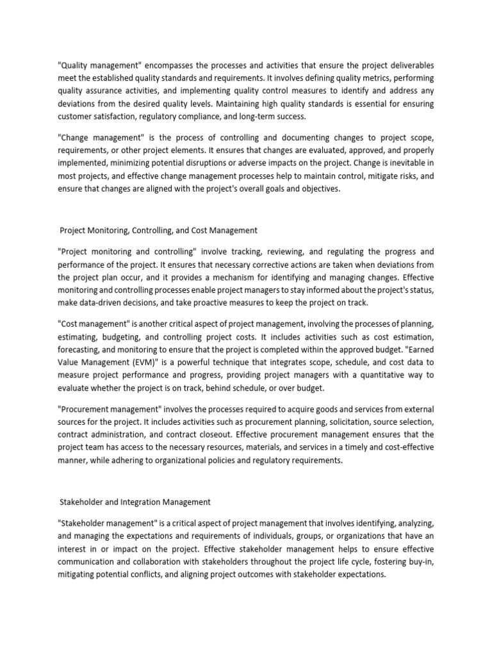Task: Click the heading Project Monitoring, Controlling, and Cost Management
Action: (159, 231)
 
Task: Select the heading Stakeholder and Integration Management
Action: (135, 502)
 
